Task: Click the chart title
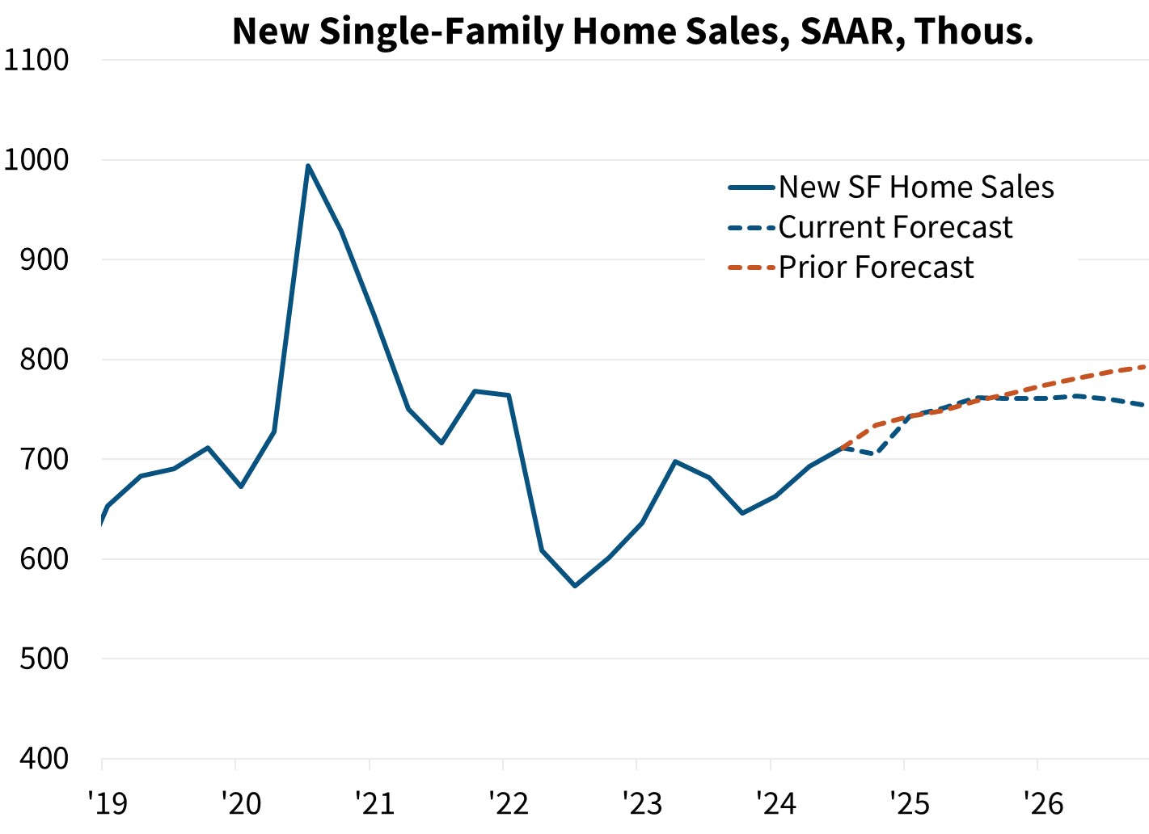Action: click(632, 31)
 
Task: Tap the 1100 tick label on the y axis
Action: click(36, 60)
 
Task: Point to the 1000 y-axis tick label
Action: click(36, 160)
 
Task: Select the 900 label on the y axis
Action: click(44, 259)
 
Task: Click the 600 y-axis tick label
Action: click(44, 559)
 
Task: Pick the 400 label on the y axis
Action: click(44, 759)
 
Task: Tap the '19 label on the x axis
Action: click(107, 802)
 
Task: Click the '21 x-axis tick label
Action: click(374, 802)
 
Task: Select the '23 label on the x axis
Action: click(642, 802)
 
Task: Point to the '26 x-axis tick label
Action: click(1043, 802)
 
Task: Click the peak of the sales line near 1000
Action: click(308, 166)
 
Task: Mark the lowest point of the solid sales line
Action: click(575, 585)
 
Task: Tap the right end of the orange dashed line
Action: click(1143, 367)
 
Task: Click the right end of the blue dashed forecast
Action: click(1143, 405)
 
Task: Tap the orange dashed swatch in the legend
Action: click(751, 267)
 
